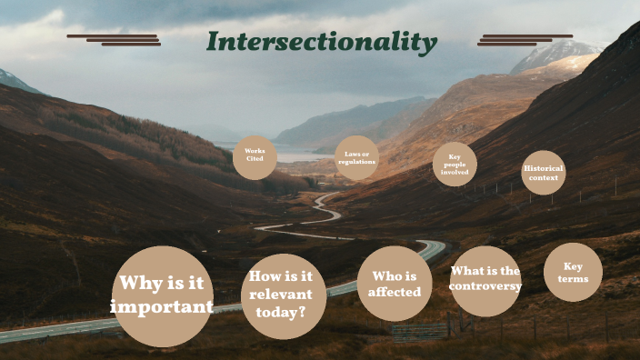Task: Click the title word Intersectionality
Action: coord(321,42)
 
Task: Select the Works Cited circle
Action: coord(255,156)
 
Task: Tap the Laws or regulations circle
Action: coord(356,158)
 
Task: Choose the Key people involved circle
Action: coord(455,165)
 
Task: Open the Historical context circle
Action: coord(544,173)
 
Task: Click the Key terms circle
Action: coord(573,273)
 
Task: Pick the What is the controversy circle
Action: coord(485,280)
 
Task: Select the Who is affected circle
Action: coord(395,284)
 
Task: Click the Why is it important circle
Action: coord(163,295)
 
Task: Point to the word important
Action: coord(163,307)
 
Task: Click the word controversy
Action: coord(485,287)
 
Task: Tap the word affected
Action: coord(395,292)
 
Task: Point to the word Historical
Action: coord(544,168)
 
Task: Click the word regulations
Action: coord(356,162)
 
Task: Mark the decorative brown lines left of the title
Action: coord(115,40)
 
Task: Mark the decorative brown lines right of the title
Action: coord(525,40)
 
